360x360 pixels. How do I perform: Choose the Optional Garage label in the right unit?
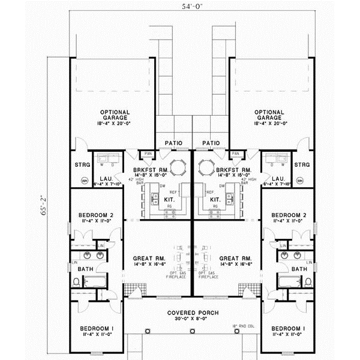tap(268, 115)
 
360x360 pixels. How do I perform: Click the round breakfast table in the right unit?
tap(207, 166)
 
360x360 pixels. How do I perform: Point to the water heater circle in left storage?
tap(83, 179)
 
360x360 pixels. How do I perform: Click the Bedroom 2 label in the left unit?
tap(94, 214)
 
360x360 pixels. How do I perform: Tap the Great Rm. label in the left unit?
tap(146, 259)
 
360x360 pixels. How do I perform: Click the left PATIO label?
tap(173, 143)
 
